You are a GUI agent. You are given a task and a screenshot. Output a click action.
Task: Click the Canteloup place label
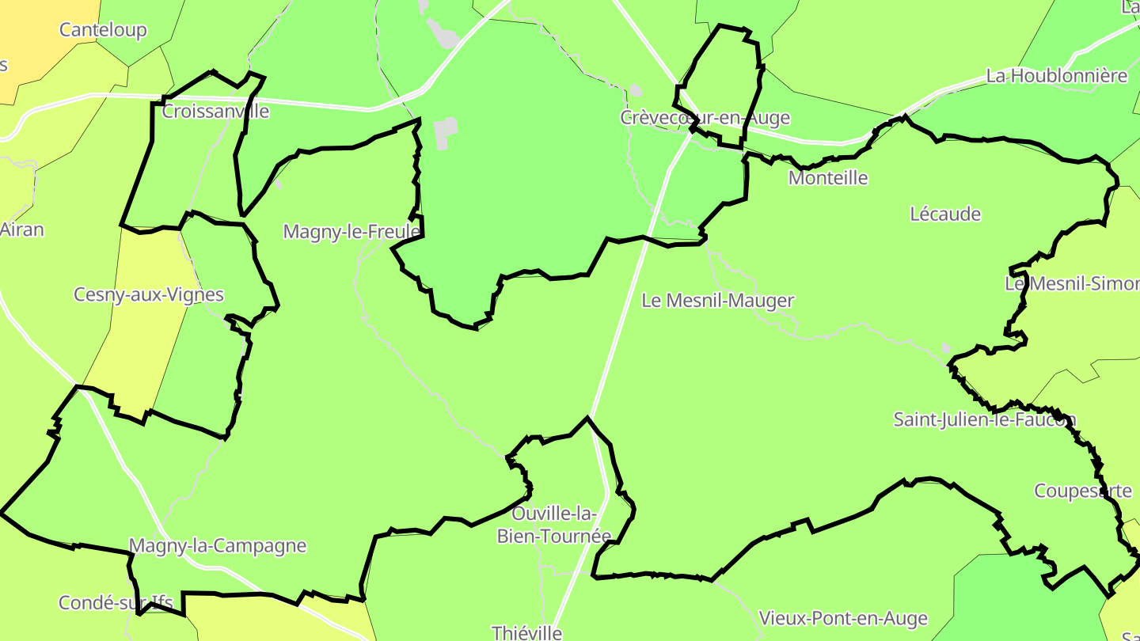coord(103,30)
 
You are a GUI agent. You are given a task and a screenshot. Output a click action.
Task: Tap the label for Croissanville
coord(215,112)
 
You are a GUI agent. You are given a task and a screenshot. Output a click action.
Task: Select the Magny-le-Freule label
coord(351,232)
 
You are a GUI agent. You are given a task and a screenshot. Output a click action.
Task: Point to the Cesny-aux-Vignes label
coord(149,295)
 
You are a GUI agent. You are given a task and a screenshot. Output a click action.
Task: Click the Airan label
coord(21,230)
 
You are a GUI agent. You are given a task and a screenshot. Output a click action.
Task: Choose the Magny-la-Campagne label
coord(217,546)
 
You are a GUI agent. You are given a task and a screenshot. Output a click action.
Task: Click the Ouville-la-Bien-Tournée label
coord(554,525)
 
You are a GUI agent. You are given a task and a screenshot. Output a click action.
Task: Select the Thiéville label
coord(526,632)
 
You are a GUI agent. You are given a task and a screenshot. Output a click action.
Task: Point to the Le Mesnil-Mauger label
coord(717,301)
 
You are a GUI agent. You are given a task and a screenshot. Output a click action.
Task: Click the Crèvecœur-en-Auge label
coord(705,118)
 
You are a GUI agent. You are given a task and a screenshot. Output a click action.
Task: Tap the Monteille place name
coord(828,178)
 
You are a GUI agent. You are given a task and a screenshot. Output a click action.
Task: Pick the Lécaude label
coord(945,214)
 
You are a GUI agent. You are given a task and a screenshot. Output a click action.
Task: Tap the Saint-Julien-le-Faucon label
coord(985,420)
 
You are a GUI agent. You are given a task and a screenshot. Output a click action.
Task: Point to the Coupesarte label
coord(1083,491)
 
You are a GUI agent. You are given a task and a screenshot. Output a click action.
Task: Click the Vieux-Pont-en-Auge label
coord(843,618)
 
